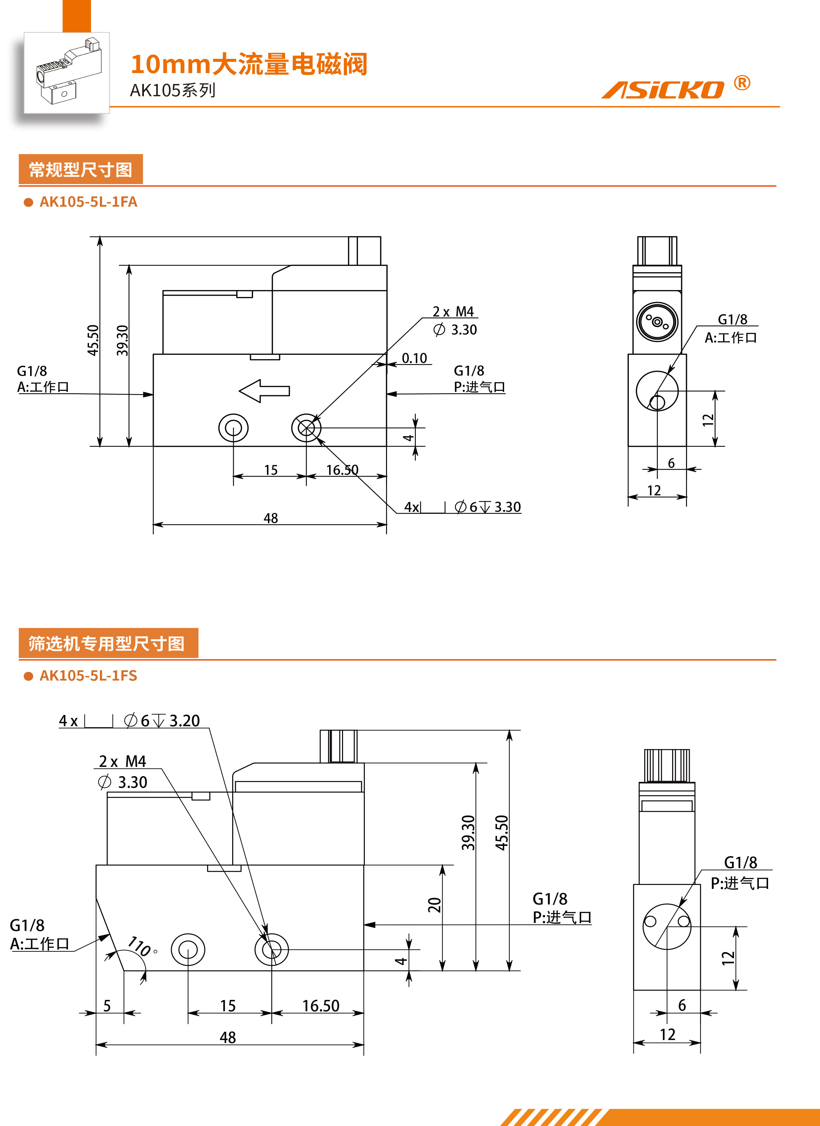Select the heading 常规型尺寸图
click(x=80, y=170)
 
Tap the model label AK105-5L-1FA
click(x=88, y=202)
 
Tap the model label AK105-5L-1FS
click(x=88, y=676)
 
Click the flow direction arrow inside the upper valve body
click(x=264, y=391)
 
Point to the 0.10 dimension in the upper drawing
click(x=414, y=358)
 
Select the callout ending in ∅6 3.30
click(x=462, y=507)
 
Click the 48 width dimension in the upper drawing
click(x=271, y=518)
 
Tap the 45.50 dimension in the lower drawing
click(x=502, y=833)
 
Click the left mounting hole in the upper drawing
click(x=234, y=428)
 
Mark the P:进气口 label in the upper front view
click(x=479, y=387)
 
